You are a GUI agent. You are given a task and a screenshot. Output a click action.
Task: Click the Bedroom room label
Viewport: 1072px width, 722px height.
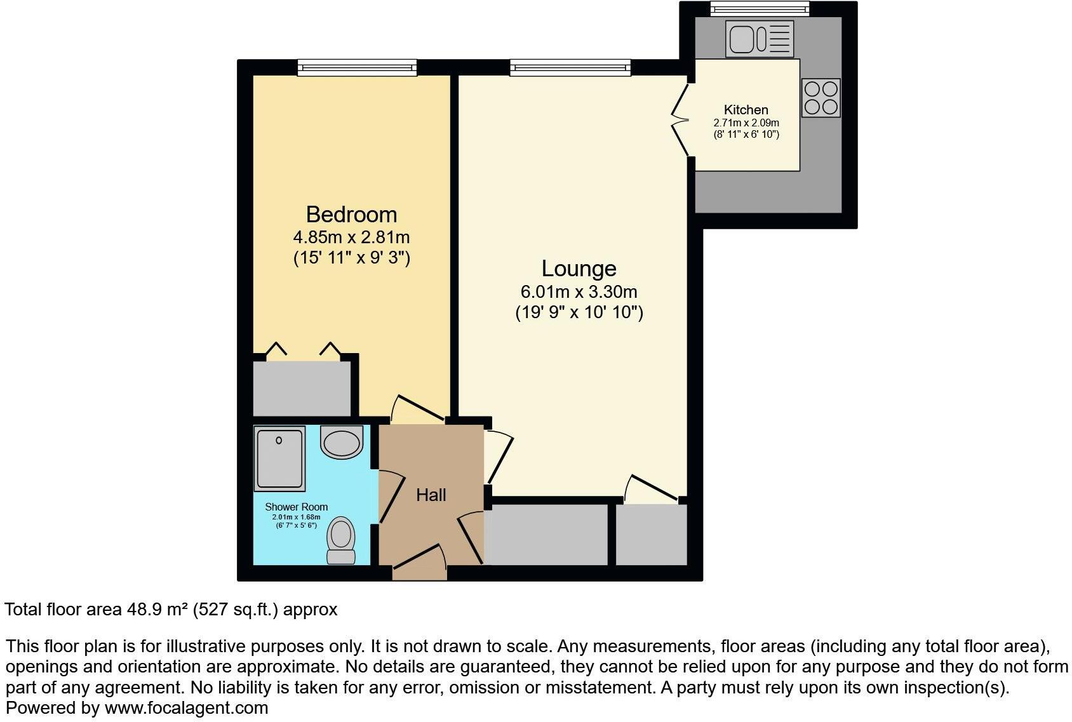click(351, 215)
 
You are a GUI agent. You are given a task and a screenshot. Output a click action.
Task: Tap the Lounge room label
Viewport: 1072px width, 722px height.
click(579, 269)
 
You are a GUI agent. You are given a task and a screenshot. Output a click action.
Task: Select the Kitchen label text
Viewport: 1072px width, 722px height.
click(746, 110)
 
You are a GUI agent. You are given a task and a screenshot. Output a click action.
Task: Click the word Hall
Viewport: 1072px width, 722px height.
click(431, 495)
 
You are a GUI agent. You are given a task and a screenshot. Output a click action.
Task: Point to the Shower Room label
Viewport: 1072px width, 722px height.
click(296, 507)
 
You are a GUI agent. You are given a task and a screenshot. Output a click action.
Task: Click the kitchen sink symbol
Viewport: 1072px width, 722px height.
click(760, 39)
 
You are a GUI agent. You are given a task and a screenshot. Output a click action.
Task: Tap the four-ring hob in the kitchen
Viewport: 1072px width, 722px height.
click(821, 98)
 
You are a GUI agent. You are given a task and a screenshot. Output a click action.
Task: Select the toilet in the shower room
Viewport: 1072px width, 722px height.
click(341, 540)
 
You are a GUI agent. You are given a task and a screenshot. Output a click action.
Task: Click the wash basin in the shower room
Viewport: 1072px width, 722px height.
click(342, 442)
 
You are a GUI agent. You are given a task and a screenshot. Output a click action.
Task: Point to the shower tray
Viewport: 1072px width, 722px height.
click(279, 458)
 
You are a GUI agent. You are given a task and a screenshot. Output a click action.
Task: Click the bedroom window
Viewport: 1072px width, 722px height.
click(357, 67)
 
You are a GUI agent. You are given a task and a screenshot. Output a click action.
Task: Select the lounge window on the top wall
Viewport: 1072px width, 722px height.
click(570, 67)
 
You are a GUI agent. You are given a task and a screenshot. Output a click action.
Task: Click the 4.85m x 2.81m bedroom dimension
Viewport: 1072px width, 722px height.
click(351, 237)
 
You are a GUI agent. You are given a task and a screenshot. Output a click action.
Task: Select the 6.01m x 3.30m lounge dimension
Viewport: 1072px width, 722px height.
click(579, 292)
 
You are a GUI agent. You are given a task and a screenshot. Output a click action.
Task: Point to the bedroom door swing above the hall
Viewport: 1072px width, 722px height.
click(417, 410)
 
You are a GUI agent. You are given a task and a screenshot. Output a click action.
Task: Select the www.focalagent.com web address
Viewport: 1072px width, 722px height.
click(186, 708)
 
